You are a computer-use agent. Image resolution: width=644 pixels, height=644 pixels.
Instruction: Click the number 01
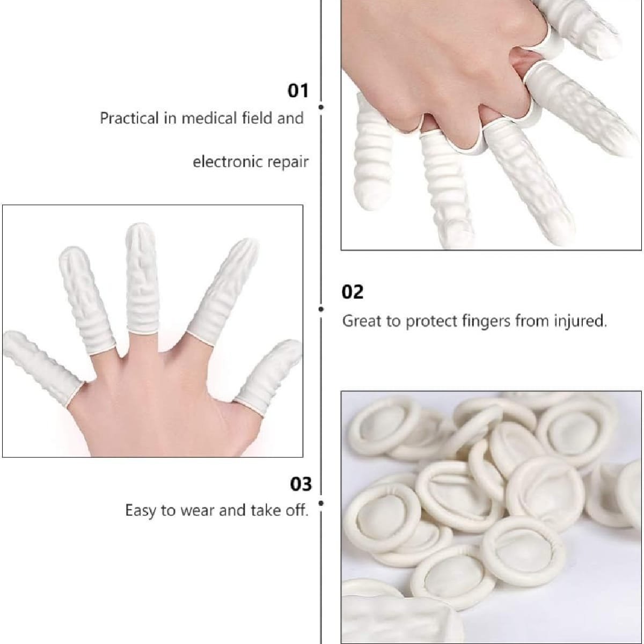tap(298, 91)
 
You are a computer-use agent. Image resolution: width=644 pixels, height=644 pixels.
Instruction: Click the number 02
tap(352, 292)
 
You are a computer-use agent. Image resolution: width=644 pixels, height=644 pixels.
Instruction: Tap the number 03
tap(301, 484)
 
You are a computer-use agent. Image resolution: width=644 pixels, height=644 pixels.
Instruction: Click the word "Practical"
tap(129, 118)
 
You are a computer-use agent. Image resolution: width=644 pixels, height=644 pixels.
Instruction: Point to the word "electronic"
tap(224, 162)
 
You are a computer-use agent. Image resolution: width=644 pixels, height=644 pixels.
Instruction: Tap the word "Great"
tap(362, 321)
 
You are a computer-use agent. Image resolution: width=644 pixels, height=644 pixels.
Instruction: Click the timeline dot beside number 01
tap(321, 107)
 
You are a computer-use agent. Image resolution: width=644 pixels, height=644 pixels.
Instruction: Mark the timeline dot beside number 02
tap(321, 309)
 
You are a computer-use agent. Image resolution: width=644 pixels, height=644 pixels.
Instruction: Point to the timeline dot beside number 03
tap(321, 503)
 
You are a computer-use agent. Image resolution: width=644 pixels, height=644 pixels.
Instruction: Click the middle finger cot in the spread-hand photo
tap(142, 278)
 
